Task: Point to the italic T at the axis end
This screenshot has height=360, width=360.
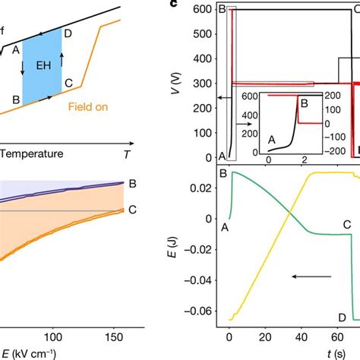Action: pos(126,153)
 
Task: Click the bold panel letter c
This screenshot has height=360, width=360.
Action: pos(175,4)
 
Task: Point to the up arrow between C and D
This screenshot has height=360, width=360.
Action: pos(62,58)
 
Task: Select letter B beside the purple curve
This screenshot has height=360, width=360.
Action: pos(132,184)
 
